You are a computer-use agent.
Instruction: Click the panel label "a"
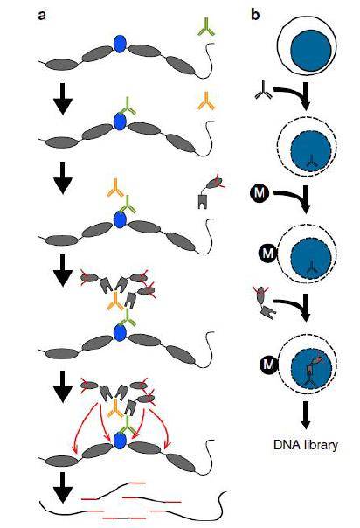(x=42, y=16)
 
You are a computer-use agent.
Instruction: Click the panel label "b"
(x=255, y=15)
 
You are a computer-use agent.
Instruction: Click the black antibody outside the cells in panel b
(x=264, y=91)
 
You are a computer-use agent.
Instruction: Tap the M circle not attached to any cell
(x=260, y=193)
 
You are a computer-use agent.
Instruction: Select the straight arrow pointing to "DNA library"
(x=306, y=415)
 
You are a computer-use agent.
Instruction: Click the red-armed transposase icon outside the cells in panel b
(x=265, y=302)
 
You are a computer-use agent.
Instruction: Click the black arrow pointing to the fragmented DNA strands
(x=63, y=488)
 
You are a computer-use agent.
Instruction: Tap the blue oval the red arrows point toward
(x=120, y=441)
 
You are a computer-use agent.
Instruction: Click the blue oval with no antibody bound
(x=120, y=44)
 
